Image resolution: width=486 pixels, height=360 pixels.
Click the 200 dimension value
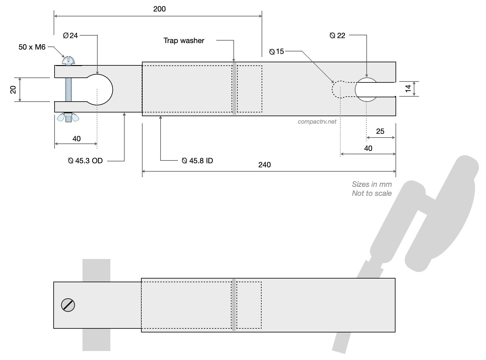(159, 9)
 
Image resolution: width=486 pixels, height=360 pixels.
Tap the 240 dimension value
(264, 165)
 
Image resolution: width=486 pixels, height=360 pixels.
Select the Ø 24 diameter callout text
(70, 36)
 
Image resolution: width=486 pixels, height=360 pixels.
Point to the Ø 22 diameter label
(338, 36)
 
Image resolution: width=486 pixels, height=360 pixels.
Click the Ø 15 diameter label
(276, 51)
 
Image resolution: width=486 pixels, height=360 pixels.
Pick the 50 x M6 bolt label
(32, 47)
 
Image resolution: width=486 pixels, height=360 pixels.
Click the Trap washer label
(184, 41)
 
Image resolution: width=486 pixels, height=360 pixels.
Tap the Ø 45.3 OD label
(85, 160)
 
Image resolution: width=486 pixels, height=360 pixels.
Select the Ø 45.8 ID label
(197, 160)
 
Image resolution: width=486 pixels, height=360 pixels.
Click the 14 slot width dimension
(408, 89)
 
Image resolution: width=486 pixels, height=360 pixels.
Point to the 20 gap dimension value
(13, 90)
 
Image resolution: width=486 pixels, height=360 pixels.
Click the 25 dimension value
(380, 131)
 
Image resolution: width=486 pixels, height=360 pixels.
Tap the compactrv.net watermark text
(317, 122)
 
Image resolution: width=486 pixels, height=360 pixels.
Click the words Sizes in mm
(372, 184)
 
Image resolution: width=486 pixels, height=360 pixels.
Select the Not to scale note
(372, 193)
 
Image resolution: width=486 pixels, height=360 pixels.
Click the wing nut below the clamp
(68, 117)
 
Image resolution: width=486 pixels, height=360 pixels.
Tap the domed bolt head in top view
(68, 61)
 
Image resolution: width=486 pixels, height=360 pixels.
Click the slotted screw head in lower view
(68, 305)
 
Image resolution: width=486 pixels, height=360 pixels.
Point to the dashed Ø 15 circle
(333, 90)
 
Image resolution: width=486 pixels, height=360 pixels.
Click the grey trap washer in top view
(234, 89)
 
